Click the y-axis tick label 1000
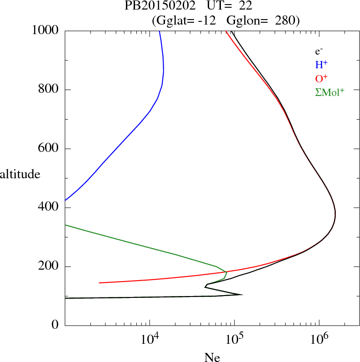coord(45,30)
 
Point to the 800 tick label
coord(49,90)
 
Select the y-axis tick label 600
coord(49,149)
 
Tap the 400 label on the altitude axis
coord(49,208)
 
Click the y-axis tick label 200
coord(49,266)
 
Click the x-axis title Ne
coord(212,357)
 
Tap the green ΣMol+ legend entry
coord(330,92)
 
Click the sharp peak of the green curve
coord(226,272)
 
